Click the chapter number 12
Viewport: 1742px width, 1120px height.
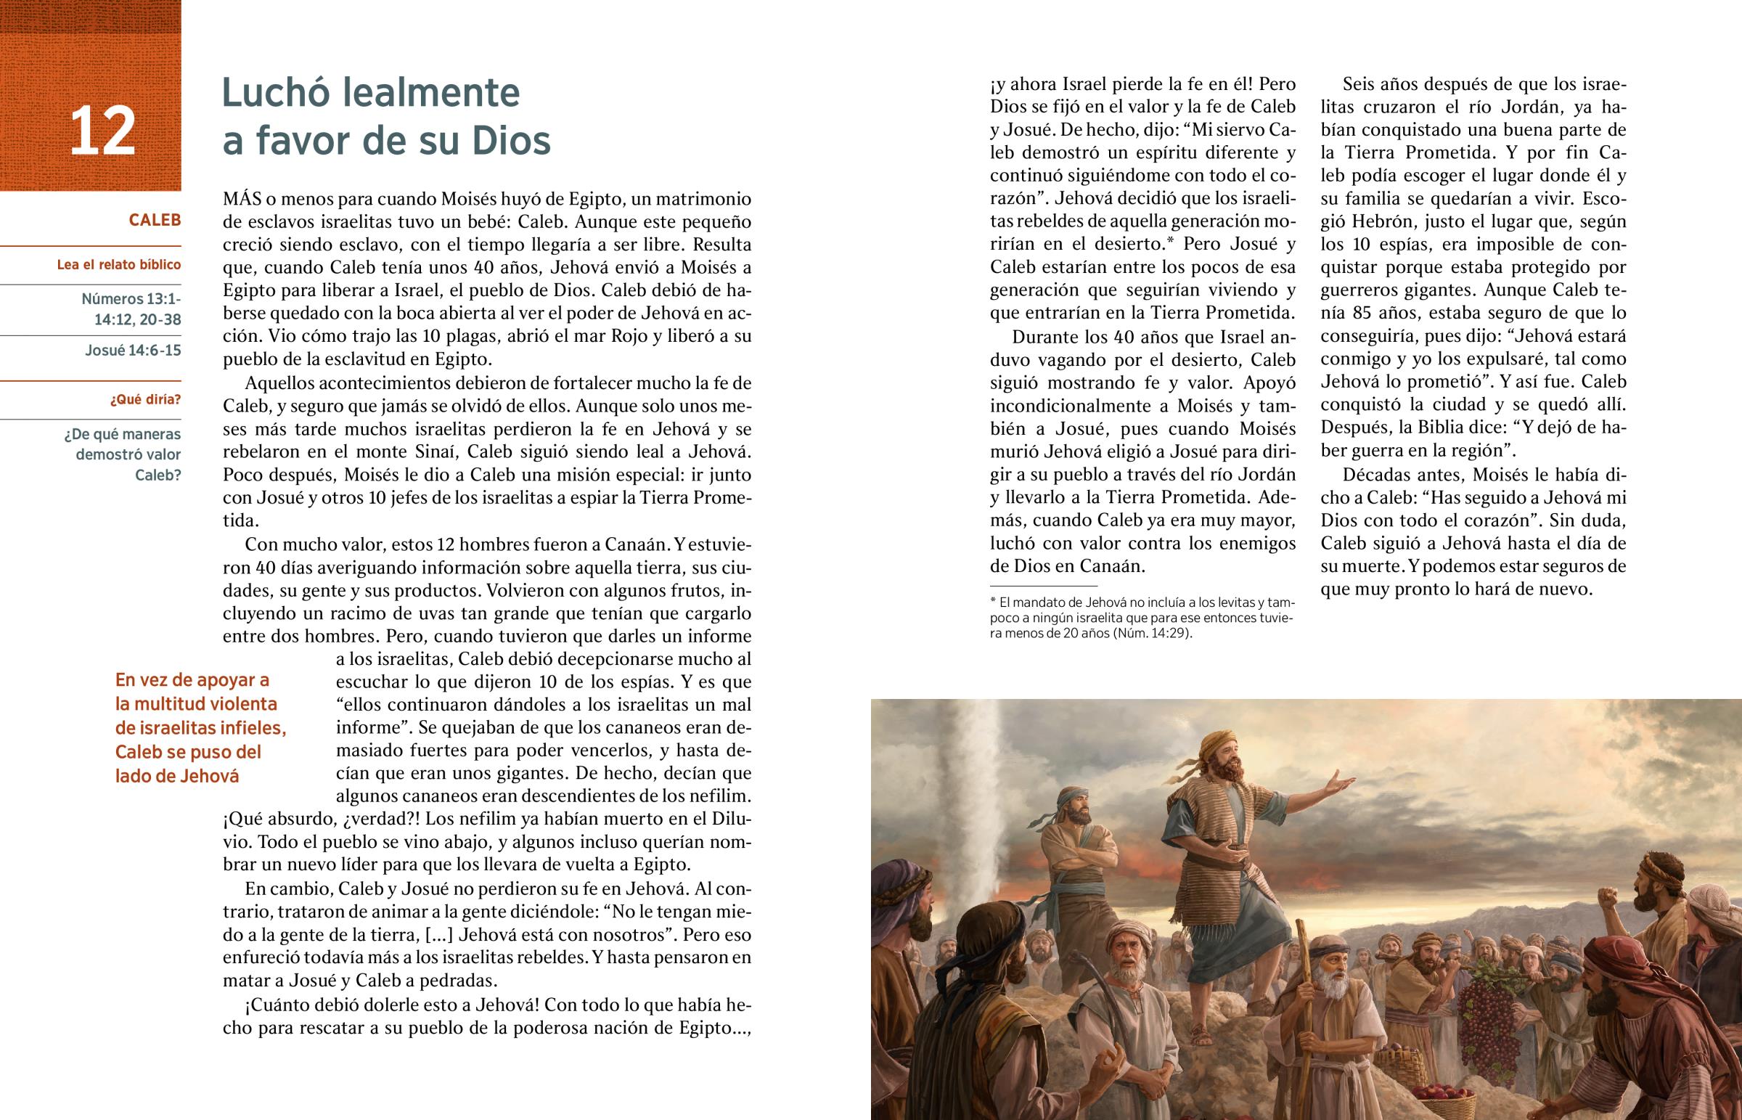pyautogui.click(x=102, y=131)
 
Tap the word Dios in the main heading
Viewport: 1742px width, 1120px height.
pyautogui.click(x=511, y=140)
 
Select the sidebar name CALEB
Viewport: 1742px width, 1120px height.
pyautogui.click(x=155, y=220)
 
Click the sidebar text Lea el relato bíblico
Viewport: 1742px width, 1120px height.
pyautogui.click(x=119, y=265)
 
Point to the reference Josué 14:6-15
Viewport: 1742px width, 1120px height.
pyautogui.click(x=133, y=351)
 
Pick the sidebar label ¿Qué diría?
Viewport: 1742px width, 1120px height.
pyautogui.click(x=146, y=400)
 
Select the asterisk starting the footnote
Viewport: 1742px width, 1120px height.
pyautogui.click(x=993, y=602)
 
